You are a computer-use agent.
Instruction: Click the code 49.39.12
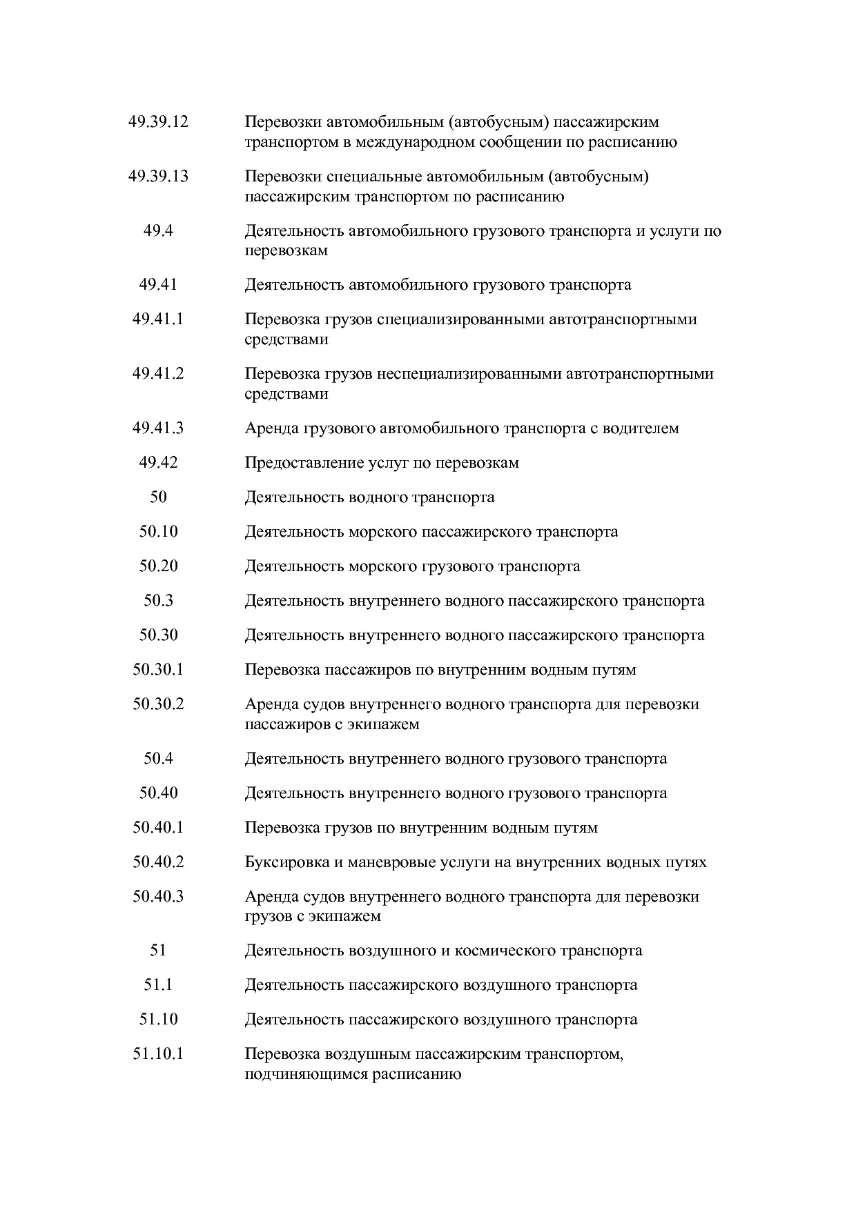pyautogui.click(x=158, y=122)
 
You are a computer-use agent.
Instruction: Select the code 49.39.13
pyautogui.click(x=158, y=177)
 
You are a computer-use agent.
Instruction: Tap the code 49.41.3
pyautogui.click(x=158, y=428)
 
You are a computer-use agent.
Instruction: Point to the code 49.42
pyautogui.click(x=158, y=463)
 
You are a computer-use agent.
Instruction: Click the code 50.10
pyautogui.click(x=158, y=532)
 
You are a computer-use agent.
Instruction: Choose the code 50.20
pyautogui.click(x=158, y=566)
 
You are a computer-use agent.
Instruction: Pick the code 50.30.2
pyautogui.click(x=158, y=704)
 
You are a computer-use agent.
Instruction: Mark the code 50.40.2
pyautogui.click(x=158, y=862)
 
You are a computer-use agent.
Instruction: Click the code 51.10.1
pyautogui.click(x=158, y=1054)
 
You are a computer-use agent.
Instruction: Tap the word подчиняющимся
pyautogui.click(x=306, y=1074)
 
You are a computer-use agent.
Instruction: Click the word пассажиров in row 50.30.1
pyautogui.click(x=360, y=670)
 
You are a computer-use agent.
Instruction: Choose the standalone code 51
pyautogui.click(x=158, y=951)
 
